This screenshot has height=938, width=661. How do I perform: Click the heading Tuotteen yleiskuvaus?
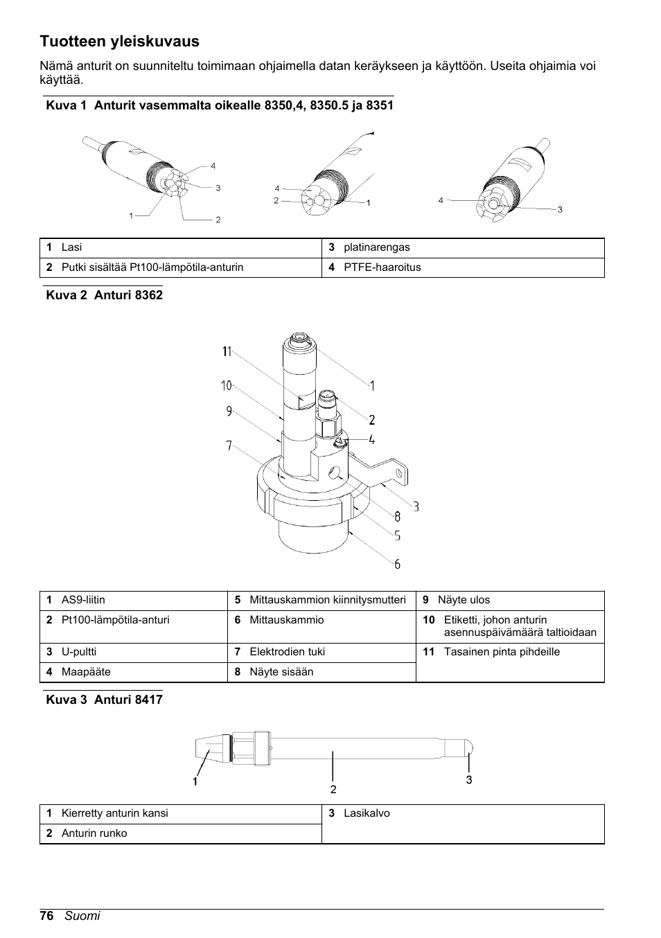pyautogui.click(x=119, y=42)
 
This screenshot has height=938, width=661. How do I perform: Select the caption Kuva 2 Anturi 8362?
pyautogui.click(x=104, y=295)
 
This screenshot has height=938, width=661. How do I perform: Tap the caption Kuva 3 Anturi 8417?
pyautogui.click(x=104, y=700)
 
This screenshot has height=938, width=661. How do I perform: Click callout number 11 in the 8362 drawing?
pyautogui.click(x=227, y=352)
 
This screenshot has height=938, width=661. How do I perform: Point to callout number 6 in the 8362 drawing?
pyautogui.click(x=398, y=565)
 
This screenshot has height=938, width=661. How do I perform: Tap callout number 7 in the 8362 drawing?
pyautogui.click(x=229, y=446)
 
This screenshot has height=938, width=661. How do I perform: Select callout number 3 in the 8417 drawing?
pyautogui.click(x=469, y=780)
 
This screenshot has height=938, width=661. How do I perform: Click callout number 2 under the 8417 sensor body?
pyautogui.click(x=333, y=789)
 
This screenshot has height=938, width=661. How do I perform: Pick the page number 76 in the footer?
pyautogui.click(x=46, y=916)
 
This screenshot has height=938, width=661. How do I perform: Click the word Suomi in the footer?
pyautogui.click(x=82, y=916)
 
